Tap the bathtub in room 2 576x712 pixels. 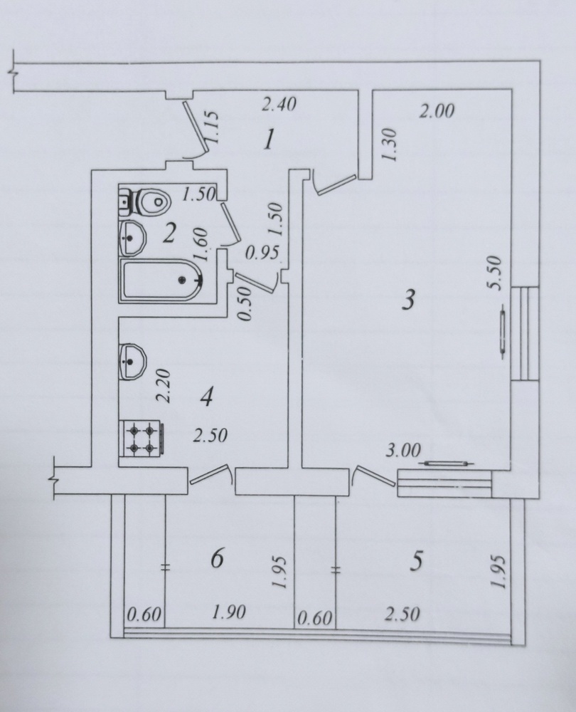161,280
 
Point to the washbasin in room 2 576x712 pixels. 132,237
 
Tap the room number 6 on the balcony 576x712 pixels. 218,558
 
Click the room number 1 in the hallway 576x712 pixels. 269,140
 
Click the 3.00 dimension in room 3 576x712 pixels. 403,451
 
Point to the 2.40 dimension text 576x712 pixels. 279,105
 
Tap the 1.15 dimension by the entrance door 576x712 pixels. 213,127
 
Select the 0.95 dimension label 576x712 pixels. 262,253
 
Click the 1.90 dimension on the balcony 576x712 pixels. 229,612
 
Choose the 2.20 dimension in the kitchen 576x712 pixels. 163,386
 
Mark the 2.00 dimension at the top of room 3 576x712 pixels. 437,111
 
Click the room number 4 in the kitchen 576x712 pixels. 207,398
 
